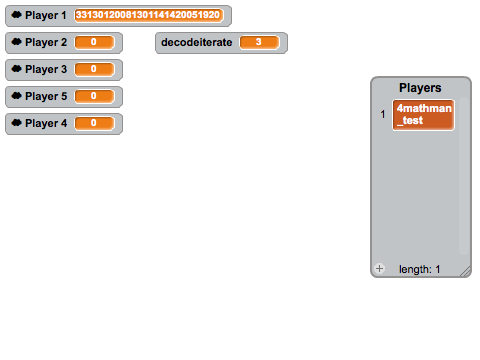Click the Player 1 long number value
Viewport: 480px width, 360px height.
(149, 15)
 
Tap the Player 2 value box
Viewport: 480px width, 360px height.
(95, 42)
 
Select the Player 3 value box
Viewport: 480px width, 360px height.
(95, 69)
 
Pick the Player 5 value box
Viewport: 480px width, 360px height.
(95, 96)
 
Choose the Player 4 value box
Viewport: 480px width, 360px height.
(95, 123)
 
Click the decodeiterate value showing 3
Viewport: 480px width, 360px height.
(259, 42)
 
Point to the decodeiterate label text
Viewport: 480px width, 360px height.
(197, 42)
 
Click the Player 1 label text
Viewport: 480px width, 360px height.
(46, 15)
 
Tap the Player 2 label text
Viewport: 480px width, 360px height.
(46, 42)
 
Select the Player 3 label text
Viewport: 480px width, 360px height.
(46, 69)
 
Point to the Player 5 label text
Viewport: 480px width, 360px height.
(46, 96)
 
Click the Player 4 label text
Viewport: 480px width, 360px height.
(46, 123)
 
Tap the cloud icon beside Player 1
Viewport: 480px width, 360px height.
(16, 15)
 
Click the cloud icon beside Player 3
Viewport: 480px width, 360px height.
(16, 69)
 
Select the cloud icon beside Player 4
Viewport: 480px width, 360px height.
(16, 123)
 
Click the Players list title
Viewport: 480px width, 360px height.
(420, 88)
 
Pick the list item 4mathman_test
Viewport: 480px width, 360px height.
(424, 115)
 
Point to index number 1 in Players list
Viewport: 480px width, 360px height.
(383, 115)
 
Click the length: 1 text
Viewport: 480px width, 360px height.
(420, 269)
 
